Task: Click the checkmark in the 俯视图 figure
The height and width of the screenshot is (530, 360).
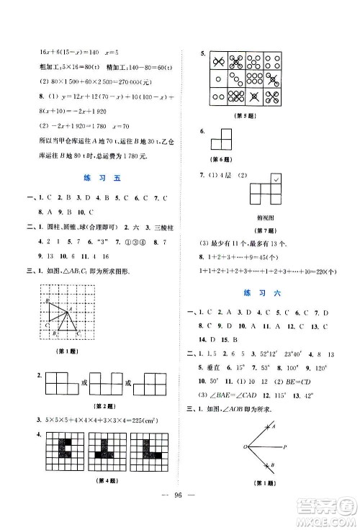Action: tap(276, 179)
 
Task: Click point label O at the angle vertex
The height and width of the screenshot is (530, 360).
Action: tap(246, 447)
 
